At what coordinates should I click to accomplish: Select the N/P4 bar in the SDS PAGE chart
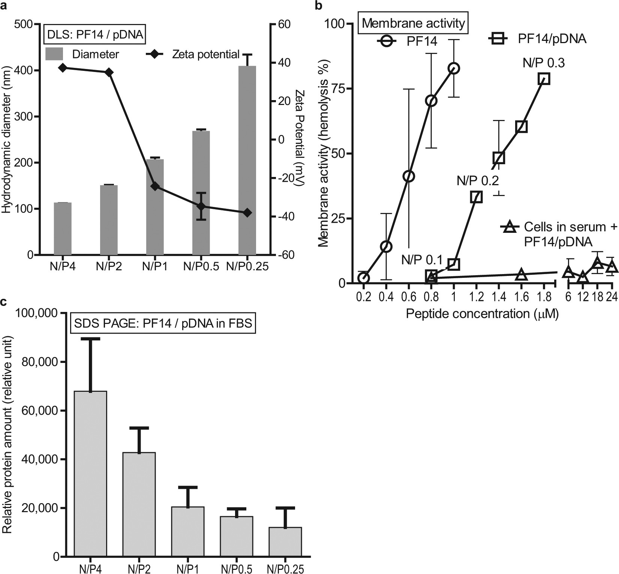pyautogui.click(x=91, y=474)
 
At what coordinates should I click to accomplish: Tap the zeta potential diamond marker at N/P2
pyautogui.click(x=109, y=72)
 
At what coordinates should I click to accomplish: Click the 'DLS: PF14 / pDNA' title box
pyautogui.click(x=95, y=35)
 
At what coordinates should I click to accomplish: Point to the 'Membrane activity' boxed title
pyautogui.click(x=414, y=23)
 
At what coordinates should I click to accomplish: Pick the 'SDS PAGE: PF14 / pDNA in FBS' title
pyautogui.click(x=163, y=323)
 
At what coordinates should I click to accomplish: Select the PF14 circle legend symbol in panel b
pyautogui.click(x=387, y=40)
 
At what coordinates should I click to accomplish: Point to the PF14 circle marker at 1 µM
pyautogui.click(x=454, y=68)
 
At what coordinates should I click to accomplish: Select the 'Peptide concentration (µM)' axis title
pyautogui.click(x=482, y=313)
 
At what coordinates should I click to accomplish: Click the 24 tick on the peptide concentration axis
pyautogui.click(x=612, y=297)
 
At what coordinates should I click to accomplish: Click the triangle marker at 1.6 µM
pyautogui.click(x=521, y=275)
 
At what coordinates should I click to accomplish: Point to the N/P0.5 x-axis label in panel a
pyautogui.click(x=201, y=267)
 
